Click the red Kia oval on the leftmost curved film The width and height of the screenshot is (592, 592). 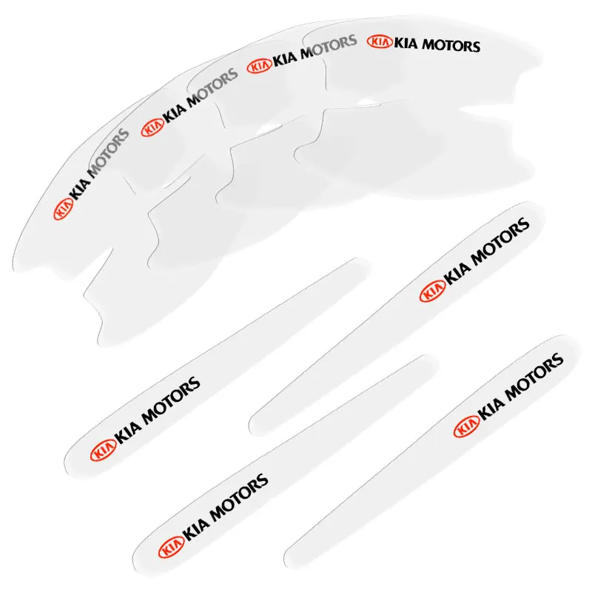click(63, 209)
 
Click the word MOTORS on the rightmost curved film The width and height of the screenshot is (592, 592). click(451, 45)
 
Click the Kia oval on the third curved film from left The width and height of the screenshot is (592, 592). click(259, 66)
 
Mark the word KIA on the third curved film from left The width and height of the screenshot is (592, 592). click(285, 59)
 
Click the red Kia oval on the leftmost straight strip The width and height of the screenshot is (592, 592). click(102, 450)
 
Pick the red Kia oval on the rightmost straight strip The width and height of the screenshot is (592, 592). click(466, 427)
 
